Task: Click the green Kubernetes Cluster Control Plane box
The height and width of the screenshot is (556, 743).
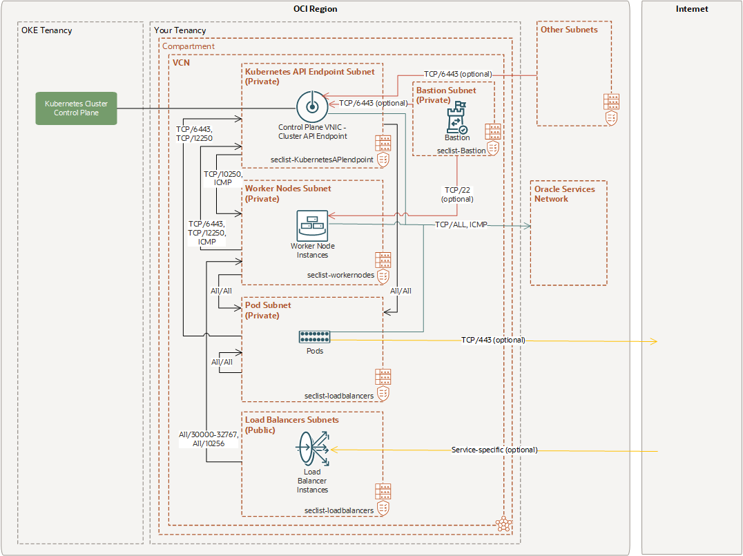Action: point(76,108)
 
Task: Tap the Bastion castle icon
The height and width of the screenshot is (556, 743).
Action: point(456,118)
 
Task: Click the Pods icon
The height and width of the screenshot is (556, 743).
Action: point(314,336)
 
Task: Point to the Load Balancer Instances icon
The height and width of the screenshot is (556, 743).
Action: point(313,450)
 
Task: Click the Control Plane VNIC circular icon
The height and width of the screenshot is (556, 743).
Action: point(310,106)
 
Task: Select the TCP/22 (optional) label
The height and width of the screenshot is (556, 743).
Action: point(458,194)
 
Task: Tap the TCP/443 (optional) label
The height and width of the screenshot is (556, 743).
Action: point(493,340)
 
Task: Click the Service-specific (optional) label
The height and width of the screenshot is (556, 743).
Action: point(494,450)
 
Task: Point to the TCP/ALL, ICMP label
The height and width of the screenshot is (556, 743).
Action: point(461,225)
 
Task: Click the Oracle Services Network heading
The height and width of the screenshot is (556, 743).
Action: point(564,193)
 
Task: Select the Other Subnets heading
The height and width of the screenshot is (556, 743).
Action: point(569,30)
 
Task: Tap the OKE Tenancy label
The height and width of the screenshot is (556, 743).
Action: point(47,30)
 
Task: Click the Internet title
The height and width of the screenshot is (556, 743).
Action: point(692,9)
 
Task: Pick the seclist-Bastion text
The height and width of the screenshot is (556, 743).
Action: point(461,150)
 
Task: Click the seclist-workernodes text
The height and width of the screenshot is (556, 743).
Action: point(340,275)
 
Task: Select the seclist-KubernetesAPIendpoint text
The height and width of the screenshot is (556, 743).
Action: point(322,160)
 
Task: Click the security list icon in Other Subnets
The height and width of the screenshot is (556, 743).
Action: point(611,108)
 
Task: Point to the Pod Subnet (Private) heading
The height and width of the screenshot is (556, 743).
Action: point(268,310)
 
